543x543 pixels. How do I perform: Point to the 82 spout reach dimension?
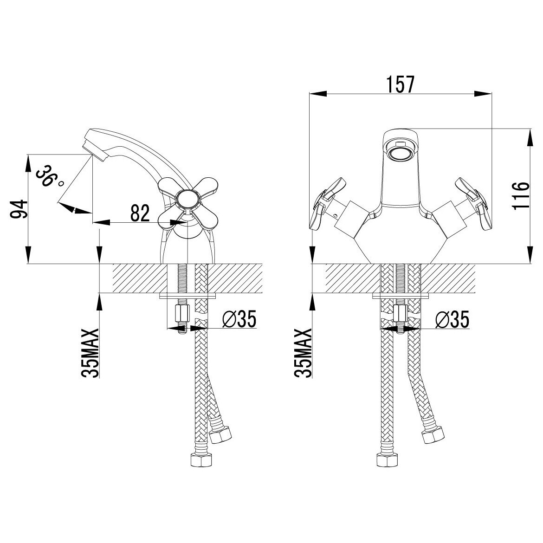coord(140,213)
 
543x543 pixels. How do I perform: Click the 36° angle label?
coord(48,176)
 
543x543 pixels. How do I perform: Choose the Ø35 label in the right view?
coord(452,319)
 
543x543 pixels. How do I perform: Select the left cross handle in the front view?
coord(323,204)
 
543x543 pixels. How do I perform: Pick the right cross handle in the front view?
coord(474,204)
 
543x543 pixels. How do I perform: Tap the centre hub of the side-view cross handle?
coord(187,200)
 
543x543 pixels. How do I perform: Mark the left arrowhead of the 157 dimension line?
coord(318,94)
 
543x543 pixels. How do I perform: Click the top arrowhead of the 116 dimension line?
coord(530,138)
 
